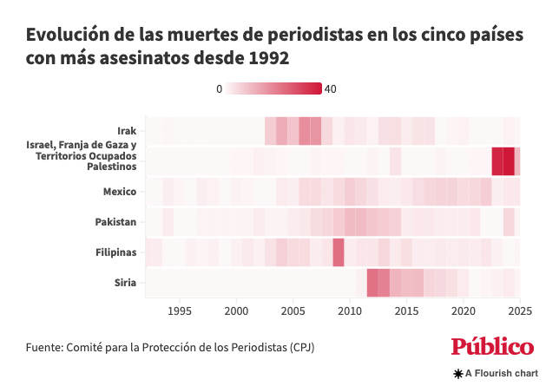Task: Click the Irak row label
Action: [x=127, y=130]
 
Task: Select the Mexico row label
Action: [x=120, y=191]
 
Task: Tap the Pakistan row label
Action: [x=116, y=222]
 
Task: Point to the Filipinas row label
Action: [x=116, y=252]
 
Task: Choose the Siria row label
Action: [x=125, y=283]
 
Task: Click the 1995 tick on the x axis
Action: [x=180, y=311]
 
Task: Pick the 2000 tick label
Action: [x=237, y=311]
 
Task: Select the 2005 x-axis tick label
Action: [x=293, y=311]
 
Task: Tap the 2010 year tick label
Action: [x=350, y=311]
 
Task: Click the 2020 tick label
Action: [x=464, y=311]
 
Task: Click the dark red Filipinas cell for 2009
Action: [x=339, y=252]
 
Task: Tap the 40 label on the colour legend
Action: [x=330, y=88]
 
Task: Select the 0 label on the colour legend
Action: [x=220, y=88]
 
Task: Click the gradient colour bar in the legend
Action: [x=274, y=88]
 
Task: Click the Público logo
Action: [x=492, y=346]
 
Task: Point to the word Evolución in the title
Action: [x=66, y=36]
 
